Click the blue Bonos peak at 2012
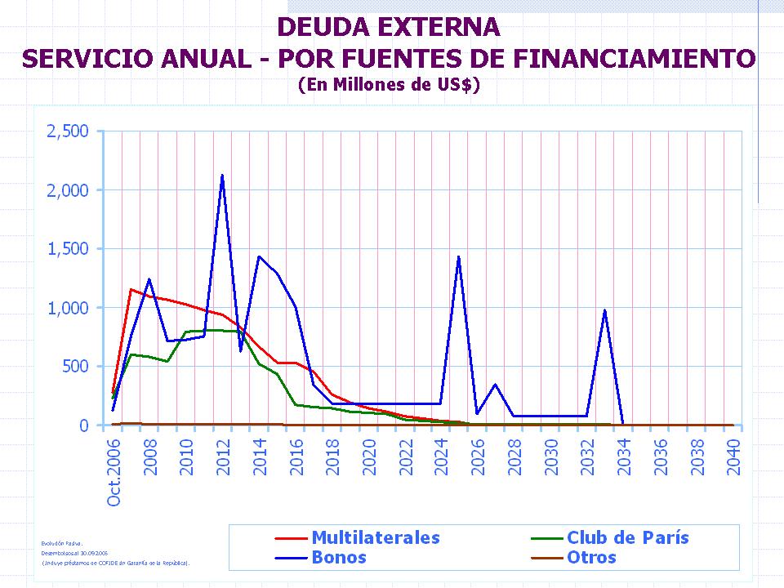[222, 176]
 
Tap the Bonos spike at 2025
[459, 257]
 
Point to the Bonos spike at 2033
[604, 310]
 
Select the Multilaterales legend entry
[375, 537]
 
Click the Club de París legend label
[627, 537]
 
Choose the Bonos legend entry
[338, 558]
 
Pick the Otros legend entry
[591, 558]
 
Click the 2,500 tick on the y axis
[68, 131]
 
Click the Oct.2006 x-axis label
[114, 471]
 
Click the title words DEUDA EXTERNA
[389, 27]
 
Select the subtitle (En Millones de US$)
[389, 83]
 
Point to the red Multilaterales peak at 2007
[131, 289]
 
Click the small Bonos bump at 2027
[495, 385]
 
